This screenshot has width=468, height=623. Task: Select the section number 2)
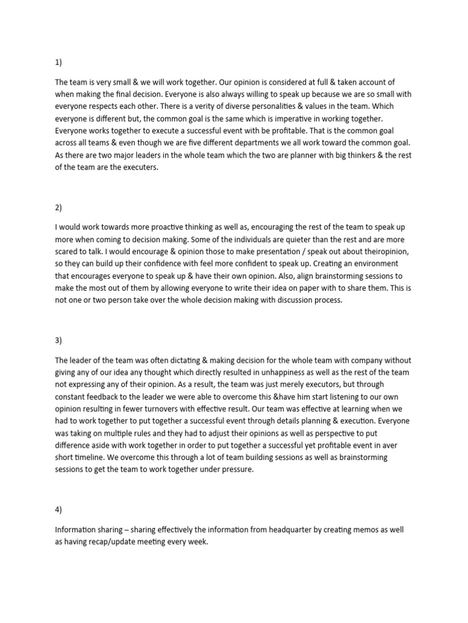(58, 207)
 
